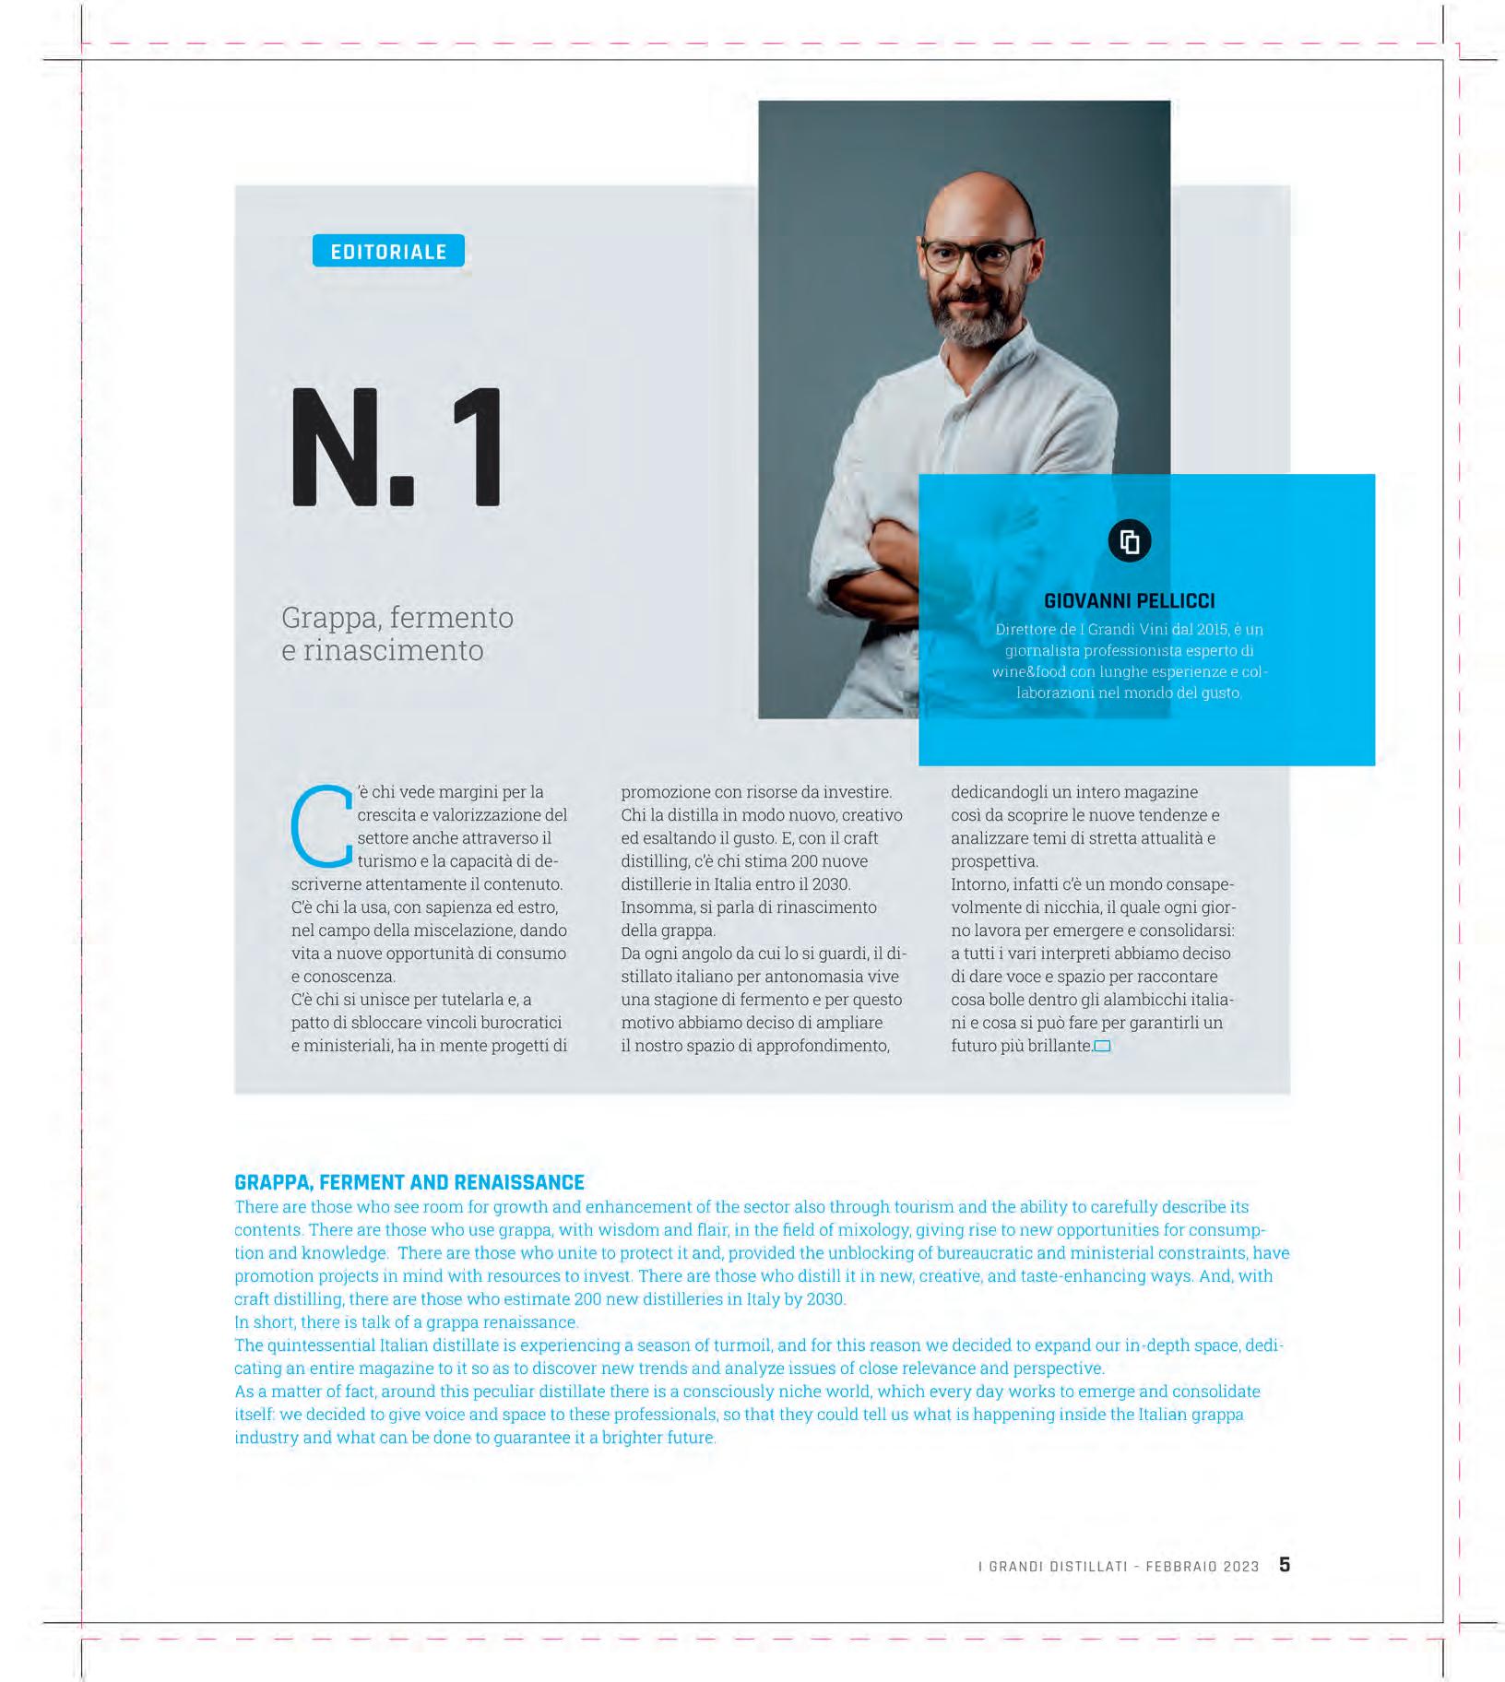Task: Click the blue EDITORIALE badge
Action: click(x=388, y=251)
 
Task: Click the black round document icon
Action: click(x=1129, y=541)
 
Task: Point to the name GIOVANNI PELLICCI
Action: click(x=1129, y=601)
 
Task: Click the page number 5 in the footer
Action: click(x=1285, y=1564)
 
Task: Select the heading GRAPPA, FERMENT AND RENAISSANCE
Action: click(x=409, y=1182)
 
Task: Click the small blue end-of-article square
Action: click(x=1102, y=1046)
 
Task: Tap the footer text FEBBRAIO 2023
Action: click(x=1203, y=1566)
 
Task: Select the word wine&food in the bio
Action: click(x=1029, y=672)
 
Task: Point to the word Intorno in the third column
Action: click(x=979, y=884)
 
